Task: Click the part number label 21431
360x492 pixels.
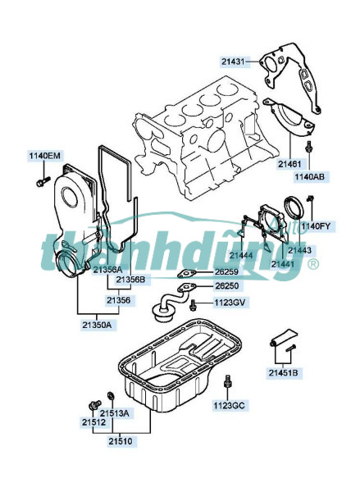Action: point(233,61)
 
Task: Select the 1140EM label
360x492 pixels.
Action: point(44,156)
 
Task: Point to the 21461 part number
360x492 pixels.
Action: point(289,164)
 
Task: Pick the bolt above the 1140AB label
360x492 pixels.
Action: point(309,147)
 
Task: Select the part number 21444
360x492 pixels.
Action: point(241,255)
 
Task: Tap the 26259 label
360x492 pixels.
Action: point(226,271)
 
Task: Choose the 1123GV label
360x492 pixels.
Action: point(230,303)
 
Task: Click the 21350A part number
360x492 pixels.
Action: point(97,325)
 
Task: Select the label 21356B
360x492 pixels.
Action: point(130,280)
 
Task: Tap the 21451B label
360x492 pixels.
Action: point(283,373)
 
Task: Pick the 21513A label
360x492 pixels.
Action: point(114,413)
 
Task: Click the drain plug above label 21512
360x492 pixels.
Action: point(94,405)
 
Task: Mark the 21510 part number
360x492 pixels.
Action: point(121,441)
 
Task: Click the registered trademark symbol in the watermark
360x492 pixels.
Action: point(313,265)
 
